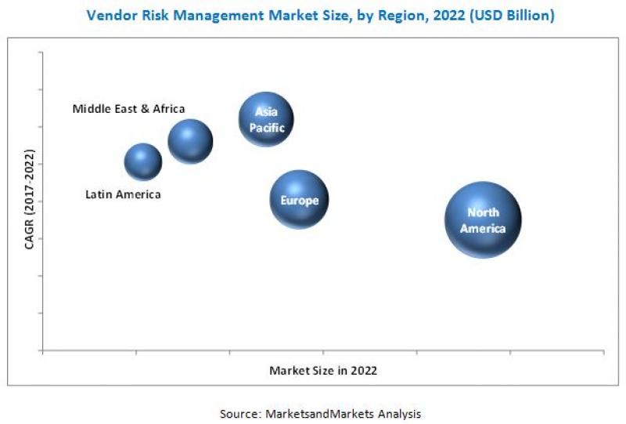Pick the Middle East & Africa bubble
[x=190, y=141]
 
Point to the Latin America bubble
[x=143, y=161]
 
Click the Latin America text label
[x=123, y=194]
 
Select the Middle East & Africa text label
[x=129, y=109]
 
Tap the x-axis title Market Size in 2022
[x=323, y=371]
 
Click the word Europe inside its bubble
[x=300, y=201]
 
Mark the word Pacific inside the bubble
[x=267, y=127]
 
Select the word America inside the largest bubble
[x=483, y=228]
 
